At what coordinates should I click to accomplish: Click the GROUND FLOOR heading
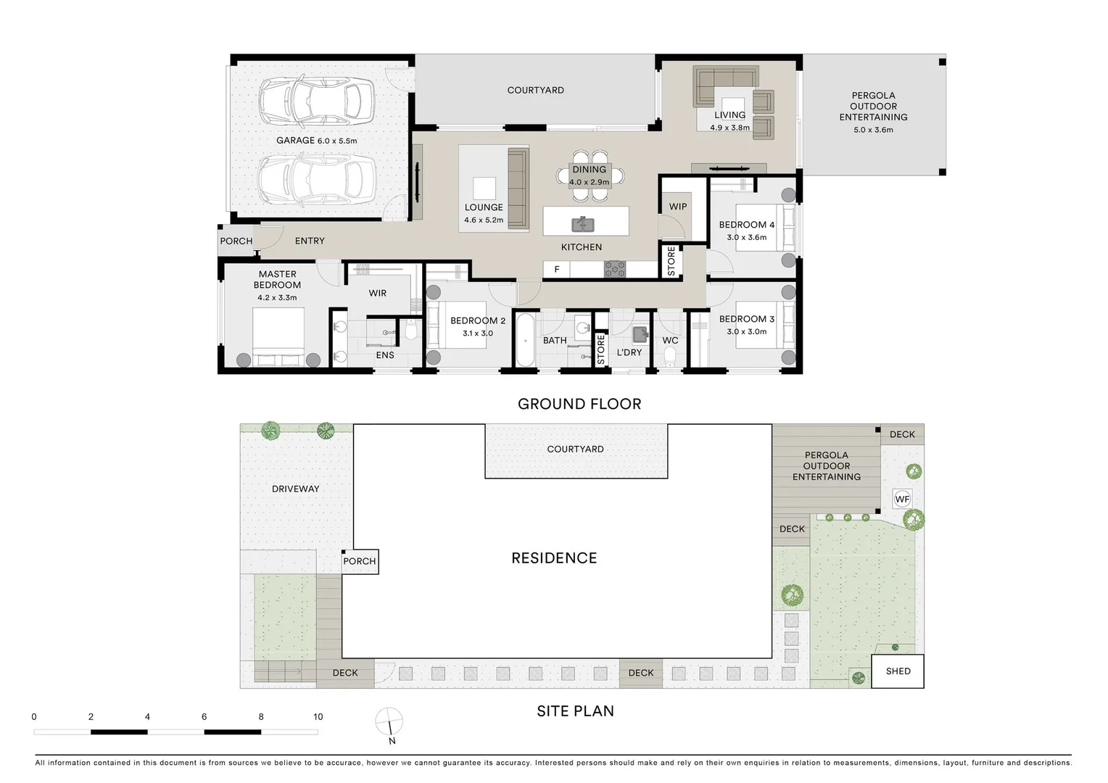click(x=579, y=404)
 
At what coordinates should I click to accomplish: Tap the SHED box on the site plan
click(x=897, y=671)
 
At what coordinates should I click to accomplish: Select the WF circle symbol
click(x=902, y=499)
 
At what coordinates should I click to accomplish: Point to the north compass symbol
click(x=389, y=721)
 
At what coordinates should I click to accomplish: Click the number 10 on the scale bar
click(x=318, y=717)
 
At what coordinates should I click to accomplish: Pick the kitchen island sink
click(x=583, y=224)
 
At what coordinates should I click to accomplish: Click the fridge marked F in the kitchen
click(x=556, y=270)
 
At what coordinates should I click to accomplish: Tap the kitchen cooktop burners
click(x=615, y=270)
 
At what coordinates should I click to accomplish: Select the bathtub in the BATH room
click(x=525, y=340)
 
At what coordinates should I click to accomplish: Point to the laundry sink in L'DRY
click(x=640, y=334)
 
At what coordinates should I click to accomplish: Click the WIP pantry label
click(x=678, y=207)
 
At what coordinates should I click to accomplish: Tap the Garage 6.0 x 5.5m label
click(x=317, y=141)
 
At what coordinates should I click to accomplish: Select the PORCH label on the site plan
click(x=360, y=561)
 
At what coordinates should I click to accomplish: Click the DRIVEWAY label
click(x=295, y=489)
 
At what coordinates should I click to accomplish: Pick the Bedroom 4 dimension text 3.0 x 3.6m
click(x=746, y=237)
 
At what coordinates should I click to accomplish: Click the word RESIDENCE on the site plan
click(x=554, y=558)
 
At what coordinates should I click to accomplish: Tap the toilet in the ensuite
click(x=410, y=331)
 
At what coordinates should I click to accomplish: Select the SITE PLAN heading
click(x=575, y=711)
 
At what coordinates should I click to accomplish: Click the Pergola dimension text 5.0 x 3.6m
click(x=873, y=130)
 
